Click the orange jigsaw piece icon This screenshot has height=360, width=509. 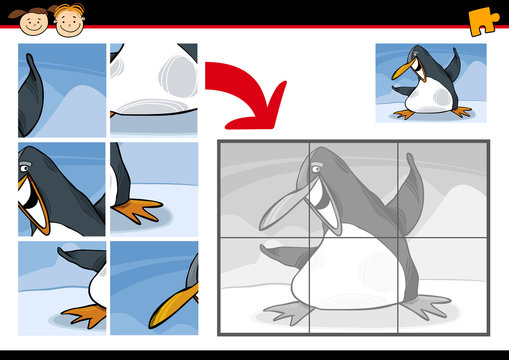(x=481, y=19)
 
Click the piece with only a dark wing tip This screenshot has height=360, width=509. (x=61, y=90)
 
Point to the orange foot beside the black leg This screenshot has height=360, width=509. (x=138, y=210)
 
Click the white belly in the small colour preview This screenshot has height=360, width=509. (x=432, y=98)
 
